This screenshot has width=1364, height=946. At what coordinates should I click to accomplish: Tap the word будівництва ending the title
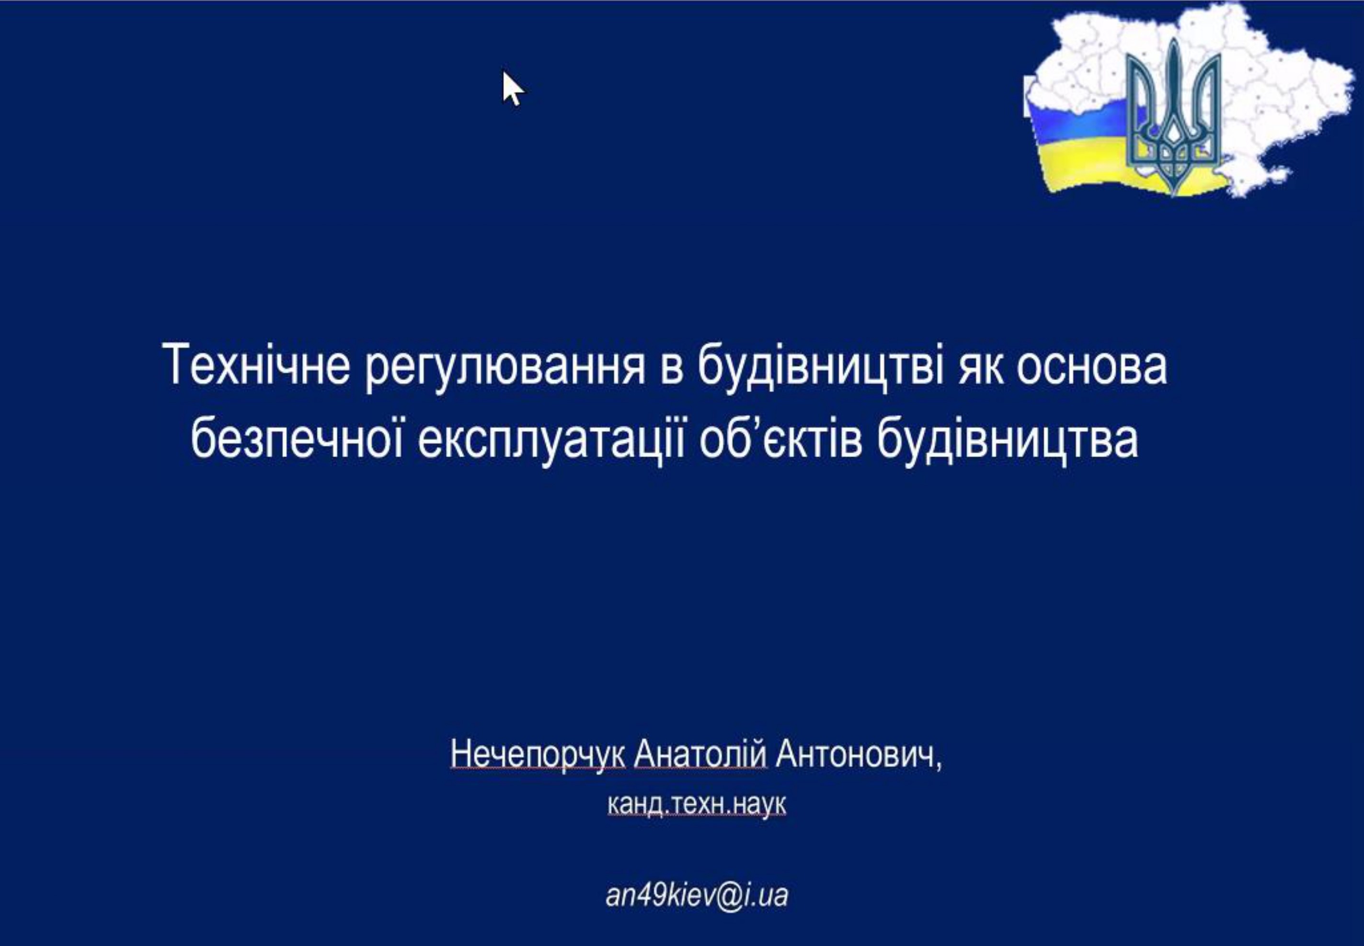1008,441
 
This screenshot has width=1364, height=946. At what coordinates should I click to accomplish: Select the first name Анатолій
700,754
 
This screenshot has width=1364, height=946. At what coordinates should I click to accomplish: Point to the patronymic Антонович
858,755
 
